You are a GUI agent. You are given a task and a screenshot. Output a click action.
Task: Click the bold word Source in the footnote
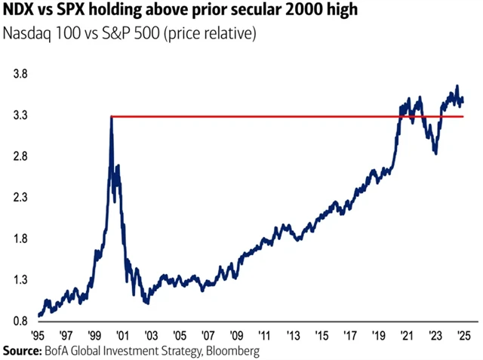pyautogui.click(x=22, y=351)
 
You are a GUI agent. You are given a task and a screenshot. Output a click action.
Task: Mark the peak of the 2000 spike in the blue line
pyautogui.click(x=111, y=117)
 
